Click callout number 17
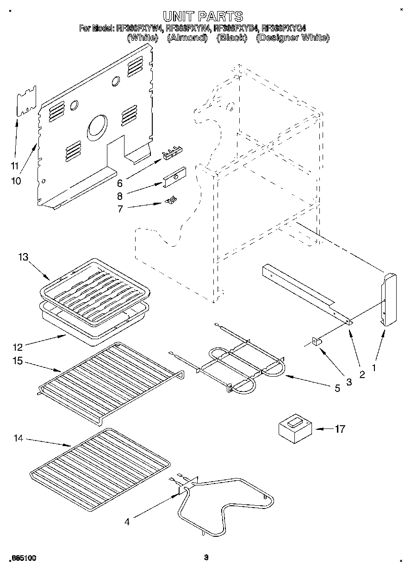[x=340, y=429]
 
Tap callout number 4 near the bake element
[x=127, y=522]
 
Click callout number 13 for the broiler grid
[x=24, y=258]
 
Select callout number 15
[x=18, y=361]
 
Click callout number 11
[x=15, y=165]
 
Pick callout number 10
[x=16, y=181]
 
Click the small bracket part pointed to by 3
[x=317, y=341]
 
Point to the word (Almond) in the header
[x=187, y=38]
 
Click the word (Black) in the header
[x=231, y=38]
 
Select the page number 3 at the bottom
[x=206, y=558]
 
